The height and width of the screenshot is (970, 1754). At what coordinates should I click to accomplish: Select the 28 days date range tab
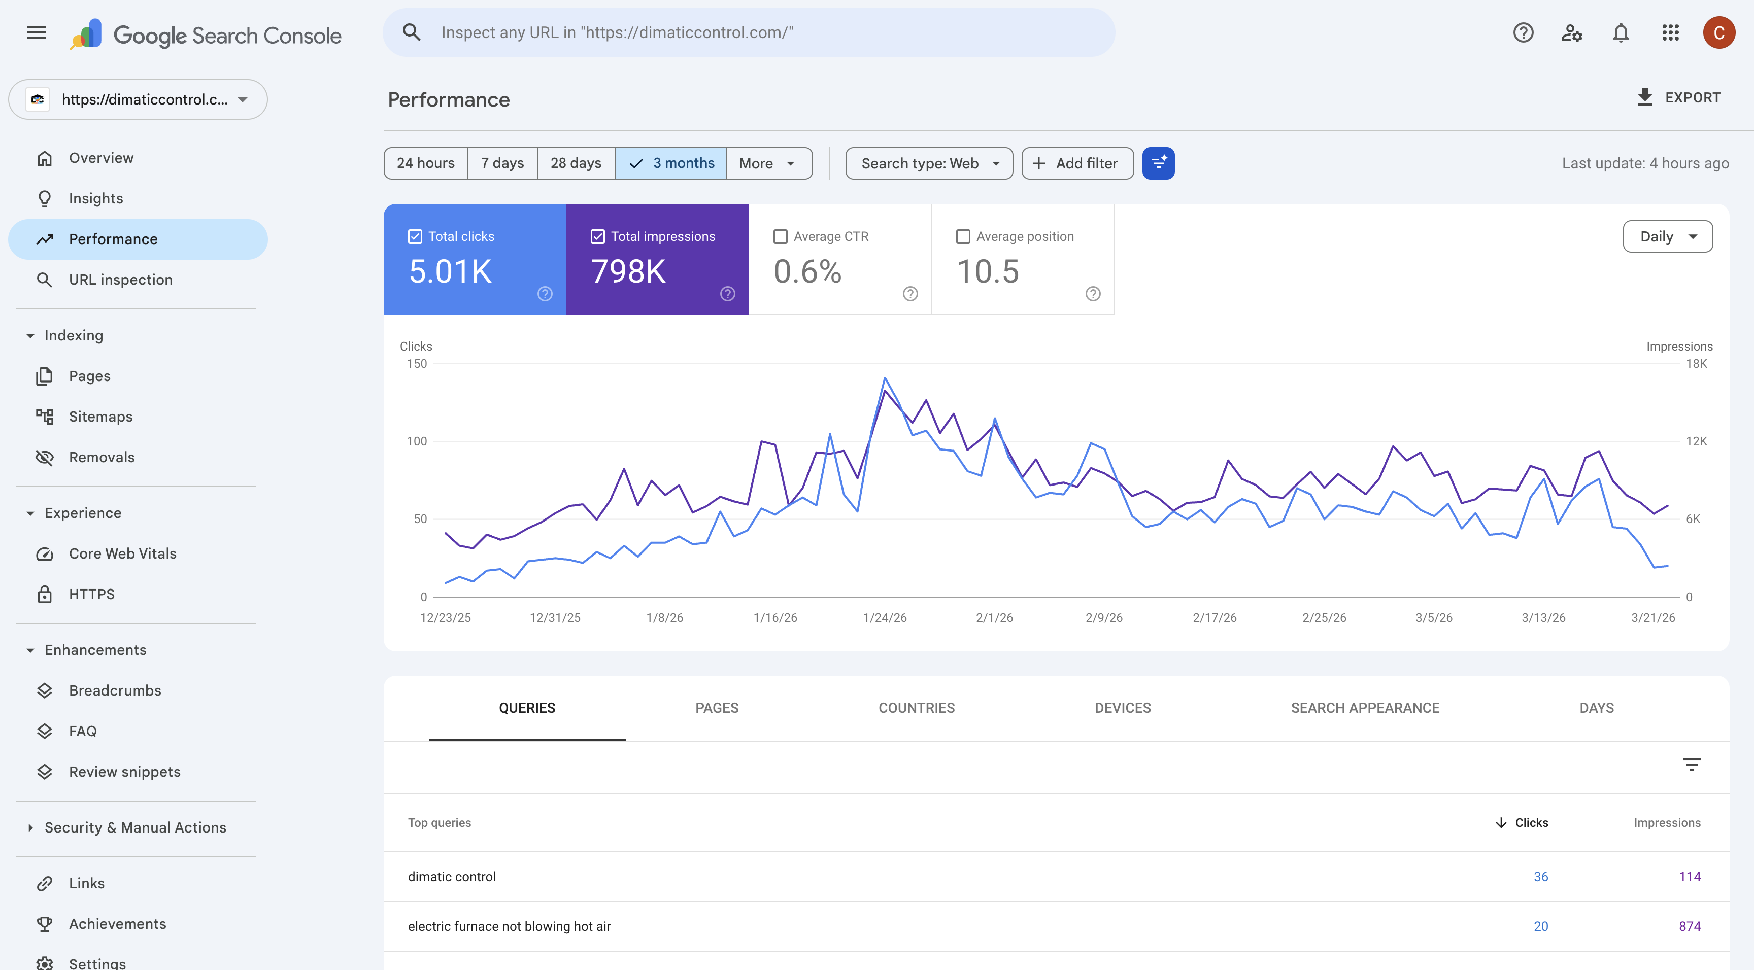(576, 163)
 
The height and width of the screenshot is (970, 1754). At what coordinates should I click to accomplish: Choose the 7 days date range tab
(502, 163)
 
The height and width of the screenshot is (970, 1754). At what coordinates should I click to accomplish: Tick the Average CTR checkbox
(780, 236)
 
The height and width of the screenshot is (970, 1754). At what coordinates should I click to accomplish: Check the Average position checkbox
(963, 236)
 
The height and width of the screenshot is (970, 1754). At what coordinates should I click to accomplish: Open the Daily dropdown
(1668, 236)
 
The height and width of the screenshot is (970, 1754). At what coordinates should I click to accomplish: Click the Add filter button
(1077, 163)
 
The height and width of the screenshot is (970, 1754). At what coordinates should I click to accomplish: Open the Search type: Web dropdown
(929, 163)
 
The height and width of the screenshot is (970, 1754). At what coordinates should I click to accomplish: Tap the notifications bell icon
(1621, 32)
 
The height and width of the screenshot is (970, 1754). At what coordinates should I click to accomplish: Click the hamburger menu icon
(36, 32)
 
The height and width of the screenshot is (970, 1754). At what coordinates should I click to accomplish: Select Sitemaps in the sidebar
(100, 417)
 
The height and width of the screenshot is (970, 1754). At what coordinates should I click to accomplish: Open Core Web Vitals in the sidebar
(122, 553)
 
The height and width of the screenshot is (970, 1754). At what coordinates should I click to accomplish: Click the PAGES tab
(716, 708)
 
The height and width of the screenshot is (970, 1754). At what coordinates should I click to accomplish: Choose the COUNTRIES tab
(917, 708)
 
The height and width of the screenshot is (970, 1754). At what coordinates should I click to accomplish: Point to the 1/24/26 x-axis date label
(885, 617)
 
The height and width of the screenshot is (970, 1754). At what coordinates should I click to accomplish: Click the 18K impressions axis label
(1696, 363)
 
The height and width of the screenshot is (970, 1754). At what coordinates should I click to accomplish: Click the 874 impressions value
(1690, 926)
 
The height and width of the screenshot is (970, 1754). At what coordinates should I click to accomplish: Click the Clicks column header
(1531, 823)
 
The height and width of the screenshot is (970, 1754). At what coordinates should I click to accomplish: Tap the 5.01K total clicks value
(450, 271)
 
